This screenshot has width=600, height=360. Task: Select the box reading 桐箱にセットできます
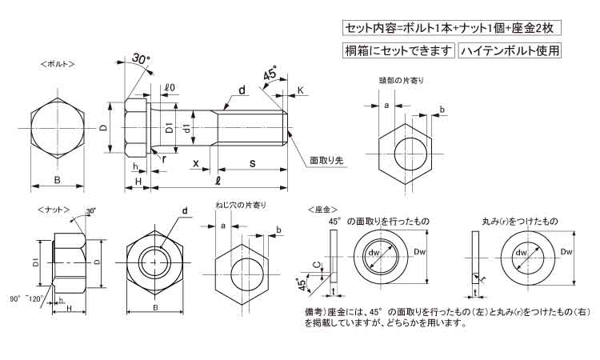(398, 50)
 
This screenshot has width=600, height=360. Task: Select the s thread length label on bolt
(252, 163)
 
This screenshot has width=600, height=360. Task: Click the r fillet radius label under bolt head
(163, 158)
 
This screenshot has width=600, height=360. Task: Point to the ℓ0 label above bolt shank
(170, 88)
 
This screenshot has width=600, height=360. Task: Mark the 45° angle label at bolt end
(270, 74)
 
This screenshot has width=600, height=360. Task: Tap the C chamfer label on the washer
(317, 262)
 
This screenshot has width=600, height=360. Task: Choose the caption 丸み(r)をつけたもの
(521, 220)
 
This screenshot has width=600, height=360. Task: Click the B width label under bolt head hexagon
(57, 179)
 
